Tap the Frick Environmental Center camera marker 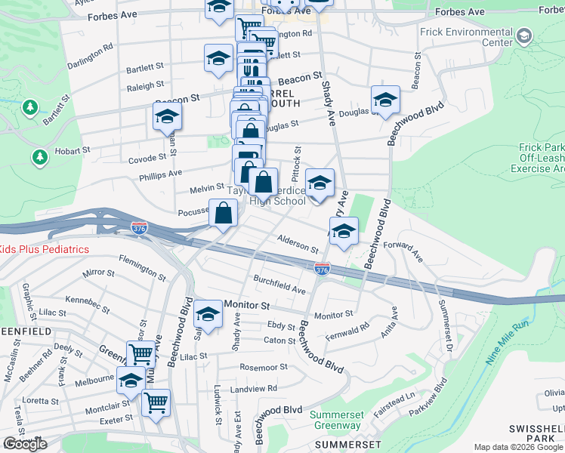coord(523,35)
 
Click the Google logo coord(24,444)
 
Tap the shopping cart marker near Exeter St coord(156,402)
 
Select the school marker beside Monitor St coord(208,314)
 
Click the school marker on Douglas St coord(385,100)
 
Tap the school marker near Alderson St coord(344,231)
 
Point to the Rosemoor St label coord(264,368)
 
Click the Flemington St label coord(143,266)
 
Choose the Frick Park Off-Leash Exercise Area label coord(541,159)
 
